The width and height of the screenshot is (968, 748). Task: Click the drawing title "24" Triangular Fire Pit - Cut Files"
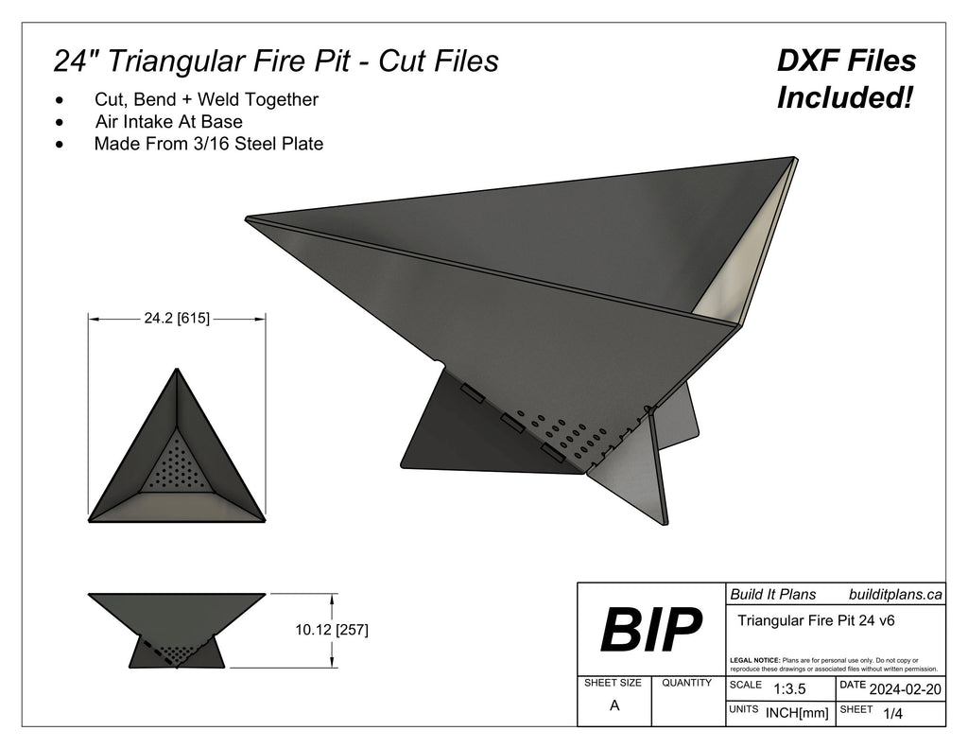pos(276,61)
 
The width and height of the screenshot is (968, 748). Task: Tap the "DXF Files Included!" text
pos(846,78)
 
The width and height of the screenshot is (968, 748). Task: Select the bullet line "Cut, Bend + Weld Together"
pos(206,99)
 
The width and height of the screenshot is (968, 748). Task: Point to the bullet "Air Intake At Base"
pos(168,122)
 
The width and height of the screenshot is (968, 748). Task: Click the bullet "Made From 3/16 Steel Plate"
pos(208,145)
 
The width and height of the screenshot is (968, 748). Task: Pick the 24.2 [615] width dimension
pos(177,320)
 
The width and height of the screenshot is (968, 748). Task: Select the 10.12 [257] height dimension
pos(332,630)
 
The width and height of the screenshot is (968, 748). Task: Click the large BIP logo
pos(651,629)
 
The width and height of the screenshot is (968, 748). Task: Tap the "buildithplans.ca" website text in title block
pos(895,595)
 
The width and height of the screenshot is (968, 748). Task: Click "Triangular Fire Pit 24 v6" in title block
pos(815,621)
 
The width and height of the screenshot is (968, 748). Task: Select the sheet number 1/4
pos(891,714)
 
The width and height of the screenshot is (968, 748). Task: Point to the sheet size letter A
pos(614,705)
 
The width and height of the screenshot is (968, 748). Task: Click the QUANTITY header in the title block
pos(687,683)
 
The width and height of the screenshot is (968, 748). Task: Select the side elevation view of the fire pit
pos(177,630)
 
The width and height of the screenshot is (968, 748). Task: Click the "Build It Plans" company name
pos(772,595)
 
